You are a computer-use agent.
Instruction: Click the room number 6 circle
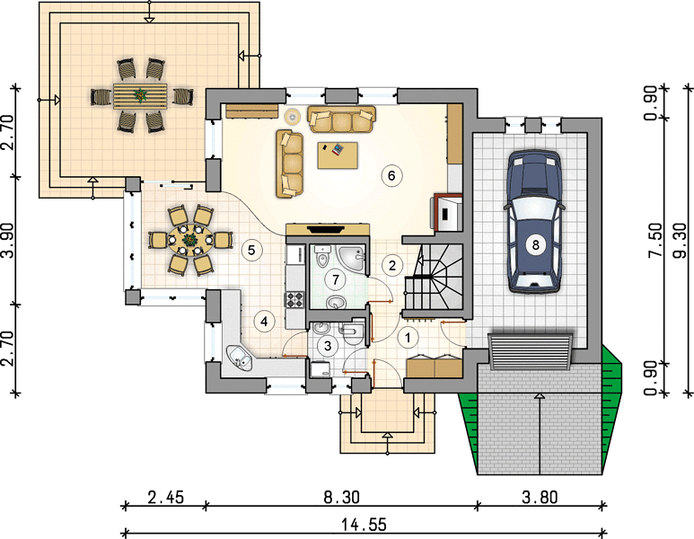pos(391,176)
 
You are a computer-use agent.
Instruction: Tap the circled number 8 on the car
pos(536,244)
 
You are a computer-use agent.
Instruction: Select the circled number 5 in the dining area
pos(251,251)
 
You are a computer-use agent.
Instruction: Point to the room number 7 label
pos(336,279)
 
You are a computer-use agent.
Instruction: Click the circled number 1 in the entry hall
pos(408,338)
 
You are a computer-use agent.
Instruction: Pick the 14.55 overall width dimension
pos(364,525)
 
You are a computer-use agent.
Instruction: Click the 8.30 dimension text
pos(341,498)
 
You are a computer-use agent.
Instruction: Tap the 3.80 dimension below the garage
pos(540,498)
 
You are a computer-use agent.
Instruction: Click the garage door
pos(531,352)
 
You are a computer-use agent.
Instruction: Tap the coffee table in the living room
pos(338,155)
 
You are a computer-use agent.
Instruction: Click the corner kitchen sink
pos(239,357)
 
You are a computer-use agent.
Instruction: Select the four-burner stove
pos(294,300)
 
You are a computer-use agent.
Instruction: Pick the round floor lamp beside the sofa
pos(292,117)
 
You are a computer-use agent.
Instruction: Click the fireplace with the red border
pos(448,212)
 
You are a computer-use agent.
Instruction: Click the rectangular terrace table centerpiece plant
pos(141,95)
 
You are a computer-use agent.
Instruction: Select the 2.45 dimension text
pos(165,498)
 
